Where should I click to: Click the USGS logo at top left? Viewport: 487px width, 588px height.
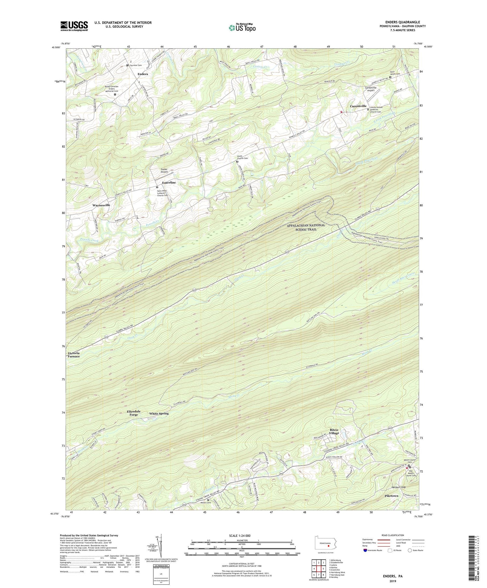click(x=74, y=26)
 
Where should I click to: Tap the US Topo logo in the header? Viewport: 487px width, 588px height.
click(x=242, y=28)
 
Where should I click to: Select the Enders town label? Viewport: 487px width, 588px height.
click(x=143, y=74)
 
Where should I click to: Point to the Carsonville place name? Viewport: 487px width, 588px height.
click(x=358, y=106)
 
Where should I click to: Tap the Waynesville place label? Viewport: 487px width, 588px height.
click(x=101, y=205)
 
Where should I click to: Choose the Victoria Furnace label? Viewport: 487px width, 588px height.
click(x=74, y=354)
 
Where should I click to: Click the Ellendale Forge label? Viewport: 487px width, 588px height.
click(x=134, y=413)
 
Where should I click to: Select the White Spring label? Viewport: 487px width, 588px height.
click(x=159, y=414)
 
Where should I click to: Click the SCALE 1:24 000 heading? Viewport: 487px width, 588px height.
click(x=242, y=535)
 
